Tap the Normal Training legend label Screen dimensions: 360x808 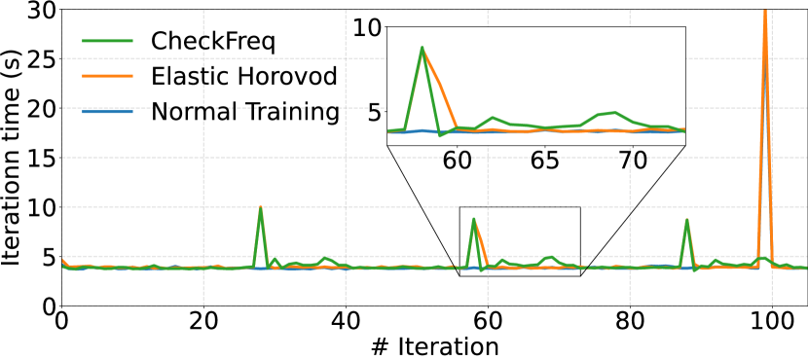244,111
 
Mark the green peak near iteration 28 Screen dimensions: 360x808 261,208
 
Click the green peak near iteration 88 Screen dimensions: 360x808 687,220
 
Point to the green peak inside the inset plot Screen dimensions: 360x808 422,48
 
